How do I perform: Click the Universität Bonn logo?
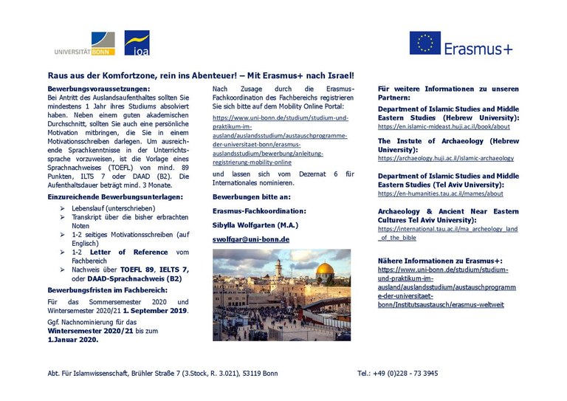click(x=85, y=44)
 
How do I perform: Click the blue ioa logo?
click(x=137, y=43)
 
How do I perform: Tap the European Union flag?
click(x=425, y=43)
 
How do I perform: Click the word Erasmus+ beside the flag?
click(x=478, y=49)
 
